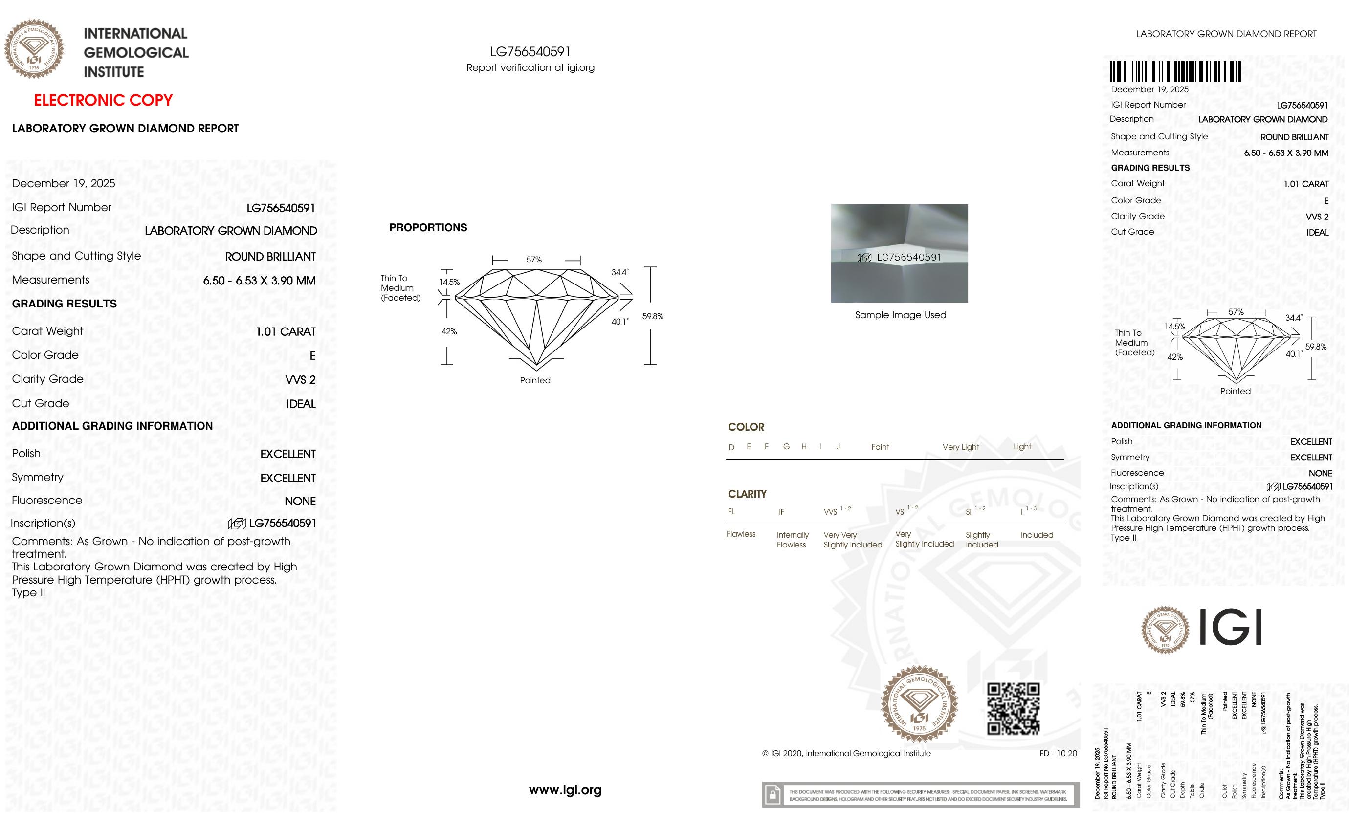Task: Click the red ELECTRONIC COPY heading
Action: [x=103, y=101]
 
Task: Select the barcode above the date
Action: [x=1175, y=72]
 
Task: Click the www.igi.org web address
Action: [x=565, y=790]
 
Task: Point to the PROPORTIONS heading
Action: [x=428, y=228]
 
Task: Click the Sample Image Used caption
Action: [x=900, y=315]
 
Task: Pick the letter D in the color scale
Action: [x=731, y=447]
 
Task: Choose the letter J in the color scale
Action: [x=838, y=447]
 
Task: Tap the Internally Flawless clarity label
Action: [x=792, y=539]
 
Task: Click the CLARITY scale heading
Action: [x=747, y=494]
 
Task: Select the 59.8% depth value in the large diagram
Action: [x=653, y=316]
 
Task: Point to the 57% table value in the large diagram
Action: [x=534, y=260]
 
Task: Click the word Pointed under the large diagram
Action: [x=535, y=380]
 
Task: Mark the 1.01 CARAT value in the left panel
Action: [x=286, y=331]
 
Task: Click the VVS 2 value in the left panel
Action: [x=300, y=380]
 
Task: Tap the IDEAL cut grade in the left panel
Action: [x=301, y=404]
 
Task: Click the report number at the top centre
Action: [x=530, y=52]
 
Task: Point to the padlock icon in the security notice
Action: [x=773, y=795]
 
